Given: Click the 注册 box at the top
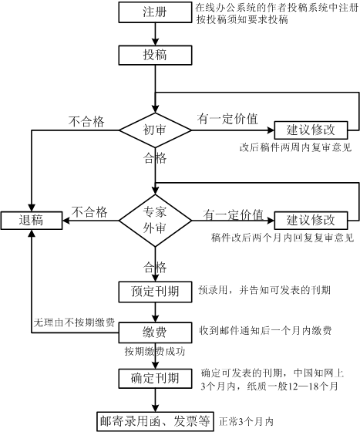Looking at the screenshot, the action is (155, 12).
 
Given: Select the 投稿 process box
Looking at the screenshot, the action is (155, 55).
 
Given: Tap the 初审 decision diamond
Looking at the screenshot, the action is (155, 130).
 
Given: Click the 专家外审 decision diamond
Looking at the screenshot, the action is (155, 221).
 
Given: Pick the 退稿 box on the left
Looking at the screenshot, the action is (32, 221).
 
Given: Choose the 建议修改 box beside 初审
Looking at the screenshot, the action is (311, 130).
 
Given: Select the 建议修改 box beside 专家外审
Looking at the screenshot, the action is (311, 221).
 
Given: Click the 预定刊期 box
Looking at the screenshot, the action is (155, 292).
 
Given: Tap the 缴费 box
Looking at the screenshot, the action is (155, 332).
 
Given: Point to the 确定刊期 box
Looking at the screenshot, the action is (155, 379).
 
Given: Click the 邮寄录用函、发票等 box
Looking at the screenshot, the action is (155, 421).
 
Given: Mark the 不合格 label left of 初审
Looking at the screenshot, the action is (86, 122).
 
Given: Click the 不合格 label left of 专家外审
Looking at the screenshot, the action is (89, 212).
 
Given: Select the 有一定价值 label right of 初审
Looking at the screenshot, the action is (227, 119).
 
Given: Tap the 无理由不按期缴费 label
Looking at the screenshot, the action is (74, 322).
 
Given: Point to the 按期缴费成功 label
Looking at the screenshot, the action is (155, 351).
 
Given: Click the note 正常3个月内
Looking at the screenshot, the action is (246, 421).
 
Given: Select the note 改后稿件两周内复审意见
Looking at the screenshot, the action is (295, 147).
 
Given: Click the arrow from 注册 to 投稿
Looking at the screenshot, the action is (155, 34).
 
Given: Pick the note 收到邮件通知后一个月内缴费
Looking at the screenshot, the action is (265, 331).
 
